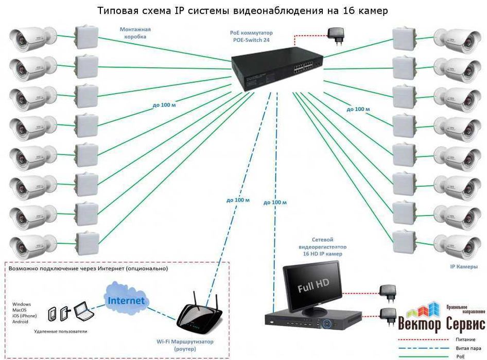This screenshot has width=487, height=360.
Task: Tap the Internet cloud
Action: point(126,300)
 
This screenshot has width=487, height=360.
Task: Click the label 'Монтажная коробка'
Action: point(136,33)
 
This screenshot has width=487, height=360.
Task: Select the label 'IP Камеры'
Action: point(460,267)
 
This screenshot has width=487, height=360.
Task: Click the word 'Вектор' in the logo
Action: point(420,325)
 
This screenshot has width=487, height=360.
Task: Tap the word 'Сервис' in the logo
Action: point(464,325)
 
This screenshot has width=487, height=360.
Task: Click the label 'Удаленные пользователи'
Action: point(57,332)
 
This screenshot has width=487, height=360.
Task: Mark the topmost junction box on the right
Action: point(405,36)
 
